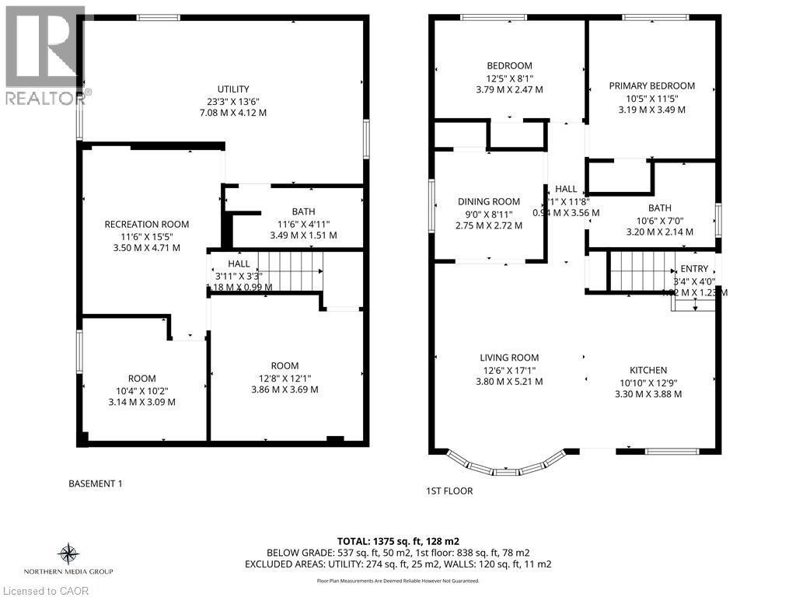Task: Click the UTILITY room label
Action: click(x=233, y=89)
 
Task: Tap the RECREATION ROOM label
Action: click(x=147, y=225)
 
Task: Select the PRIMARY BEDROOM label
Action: click(x=651, y=86)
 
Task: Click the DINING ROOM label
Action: click(x=489, y=202)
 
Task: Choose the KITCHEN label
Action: click(x=648, y=370)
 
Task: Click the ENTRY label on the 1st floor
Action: click(x=693, y=268)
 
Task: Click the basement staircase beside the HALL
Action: click(x=290, y=270)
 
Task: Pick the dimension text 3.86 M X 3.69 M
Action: click(x=285, y=390)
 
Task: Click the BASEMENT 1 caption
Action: click(x=96, y=484)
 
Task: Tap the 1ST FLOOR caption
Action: click(x=449, y=491)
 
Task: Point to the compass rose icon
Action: click(x=68, y=554)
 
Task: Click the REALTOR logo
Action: click(x=45, y=54)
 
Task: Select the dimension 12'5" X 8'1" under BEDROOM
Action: click(x=508, y=78)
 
